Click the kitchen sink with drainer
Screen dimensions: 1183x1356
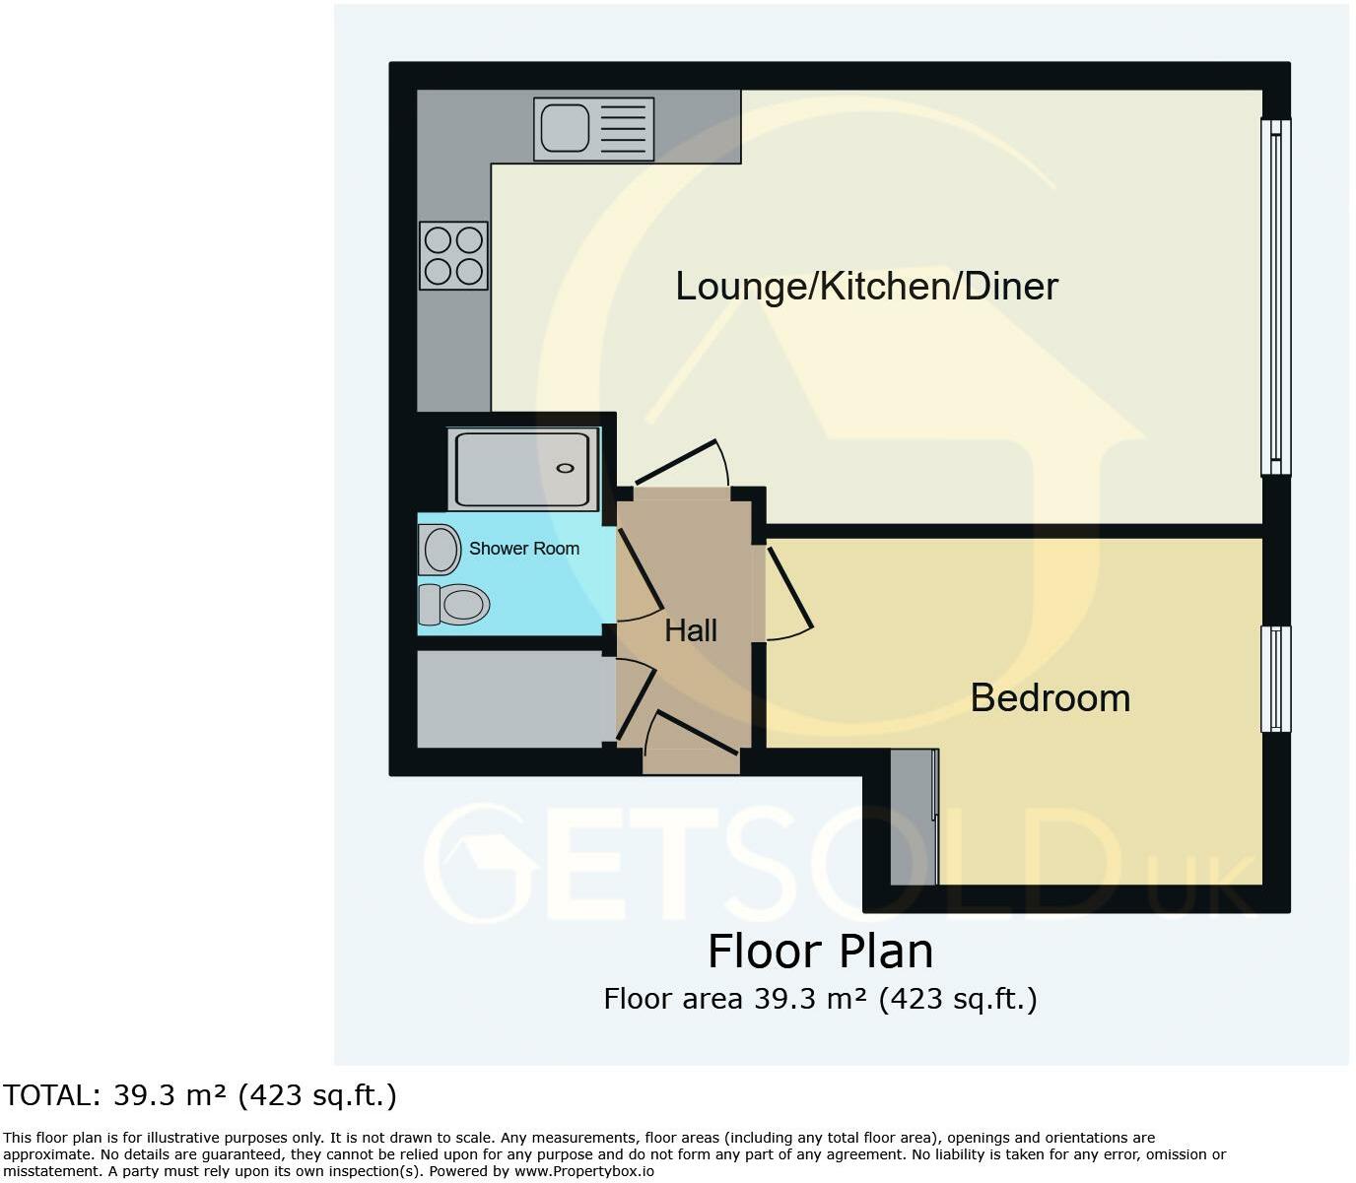(593, 128)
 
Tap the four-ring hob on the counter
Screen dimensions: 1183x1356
(453, 255)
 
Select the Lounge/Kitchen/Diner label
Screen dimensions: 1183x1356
(866, 286)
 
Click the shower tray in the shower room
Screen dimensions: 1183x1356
(522, 469)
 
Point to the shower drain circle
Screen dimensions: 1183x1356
(566, 468)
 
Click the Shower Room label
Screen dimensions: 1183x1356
(523, 549)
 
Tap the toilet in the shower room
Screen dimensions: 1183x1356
(454, 604)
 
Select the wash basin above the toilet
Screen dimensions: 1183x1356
(440, 549)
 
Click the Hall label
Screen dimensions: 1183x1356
(690, 630)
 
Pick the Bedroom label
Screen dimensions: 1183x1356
(1050, 697)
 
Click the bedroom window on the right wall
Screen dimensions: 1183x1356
(1275, 679)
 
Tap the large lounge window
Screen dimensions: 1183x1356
(1275, 296)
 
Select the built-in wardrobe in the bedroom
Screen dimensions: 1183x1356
(914, 817)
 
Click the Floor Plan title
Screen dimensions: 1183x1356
(820, 952)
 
